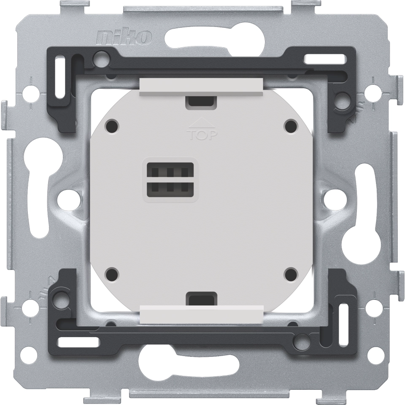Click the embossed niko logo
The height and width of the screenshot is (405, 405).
(124, 38)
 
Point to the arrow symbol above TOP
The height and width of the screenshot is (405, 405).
(202, 124)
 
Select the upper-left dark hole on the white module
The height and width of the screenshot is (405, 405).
(112, 125)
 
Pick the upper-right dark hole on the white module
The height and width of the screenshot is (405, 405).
(291, 125)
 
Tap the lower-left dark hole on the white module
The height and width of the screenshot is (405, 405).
(112, 274)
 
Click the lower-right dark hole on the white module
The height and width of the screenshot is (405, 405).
(291, 274)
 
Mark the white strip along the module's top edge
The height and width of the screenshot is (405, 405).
(202, 86)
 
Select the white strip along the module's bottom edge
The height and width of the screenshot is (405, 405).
(202, 314)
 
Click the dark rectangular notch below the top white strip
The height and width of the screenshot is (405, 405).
(202, 101)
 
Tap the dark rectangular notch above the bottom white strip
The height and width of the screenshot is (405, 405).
(202, 298)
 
